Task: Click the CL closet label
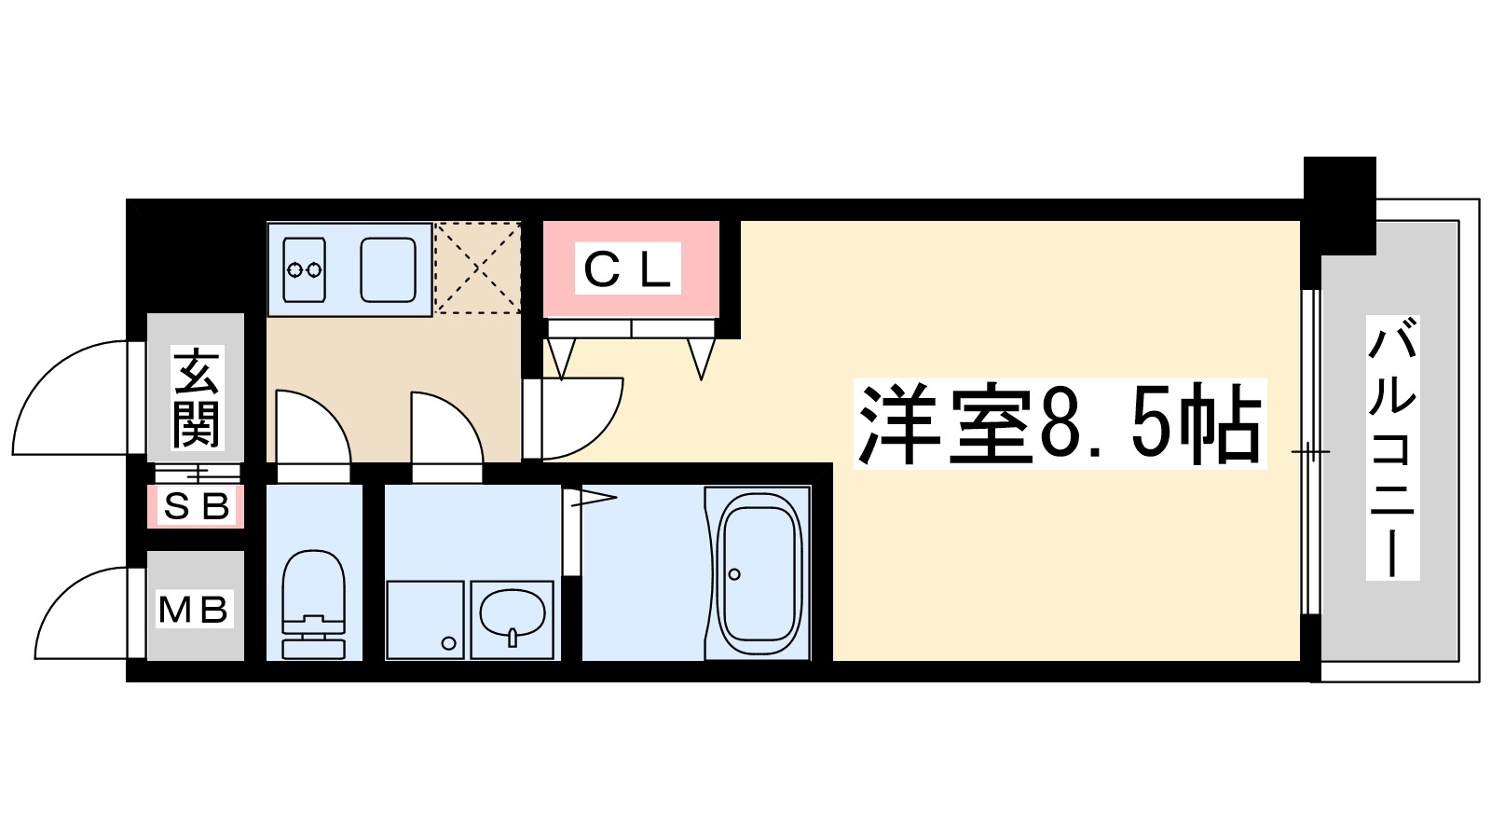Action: (x=627, y=269)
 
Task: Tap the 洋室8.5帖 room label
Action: (x=1060, y=424)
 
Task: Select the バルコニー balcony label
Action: (x=1392, y=447)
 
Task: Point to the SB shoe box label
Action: (x=196, y=506)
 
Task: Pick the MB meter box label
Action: (x=194, y=610)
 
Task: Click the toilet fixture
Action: (x=313, y=601)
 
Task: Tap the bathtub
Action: (x=759, y=573)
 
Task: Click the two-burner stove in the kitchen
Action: (x=305, y=269)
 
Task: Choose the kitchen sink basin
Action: (x=388, y=269)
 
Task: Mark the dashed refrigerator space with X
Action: (x=477, y=268)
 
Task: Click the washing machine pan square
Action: (x=425, y=619)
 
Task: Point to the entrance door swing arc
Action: (x=70, y=396)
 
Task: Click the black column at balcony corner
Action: (x=1339, y=205)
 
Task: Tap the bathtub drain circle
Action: (x=734, y=574)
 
